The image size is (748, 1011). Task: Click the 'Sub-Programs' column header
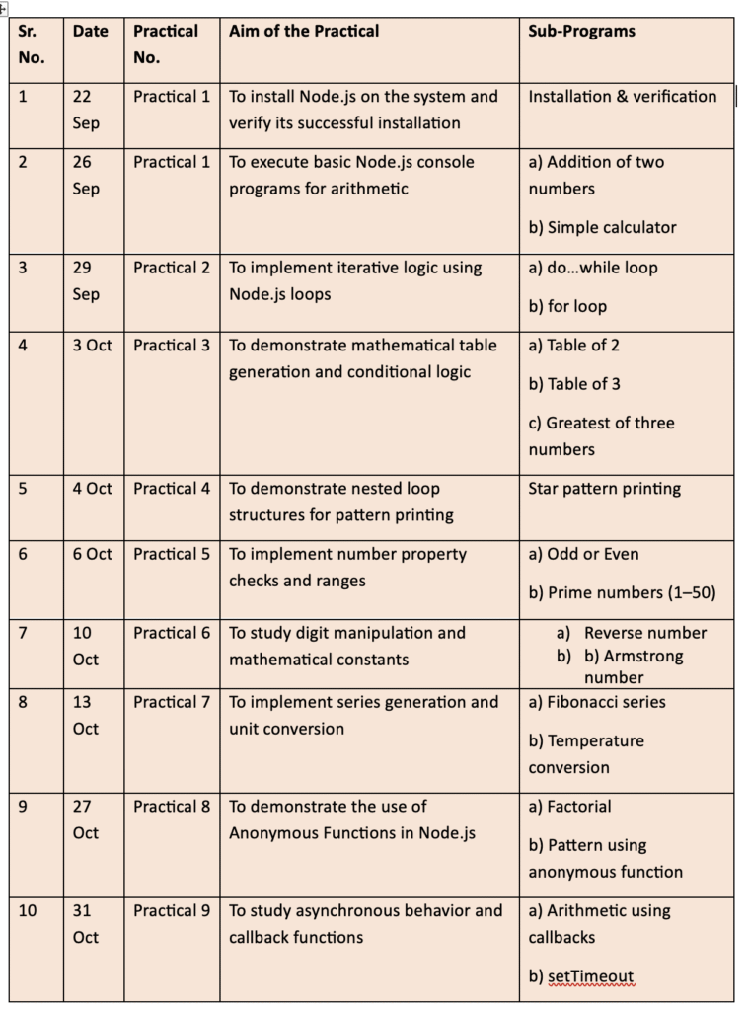581,32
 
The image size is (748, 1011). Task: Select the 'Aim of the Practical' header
304,32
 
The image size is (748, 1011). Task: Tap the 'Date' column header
91,32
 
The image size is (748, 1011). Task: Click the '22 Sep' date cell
87,110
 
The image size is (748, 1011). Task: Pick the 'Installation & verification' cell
623,97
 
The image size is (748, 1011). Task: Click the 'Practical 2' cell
172,268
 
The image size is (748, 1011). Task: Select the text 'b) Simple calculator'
602,227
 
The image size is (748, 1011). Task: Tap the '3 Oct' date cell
93,346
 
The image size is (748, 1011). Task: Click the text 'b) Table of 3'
574,384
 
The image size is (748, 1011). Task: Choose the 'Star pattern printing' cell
604,489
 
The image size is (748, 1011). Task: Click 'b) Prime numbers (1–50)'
622,592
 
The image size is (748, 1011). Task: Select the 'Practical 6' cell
172,633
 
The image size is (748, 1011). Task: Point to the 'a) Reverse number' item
633,633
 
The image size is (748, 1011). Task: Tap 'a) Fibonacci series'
597,702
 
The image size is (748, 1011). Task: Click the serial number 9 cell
24,807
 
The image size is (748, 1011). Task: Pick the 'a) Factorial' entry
569,807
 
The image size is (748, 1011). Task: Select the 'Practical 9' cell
172,910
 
